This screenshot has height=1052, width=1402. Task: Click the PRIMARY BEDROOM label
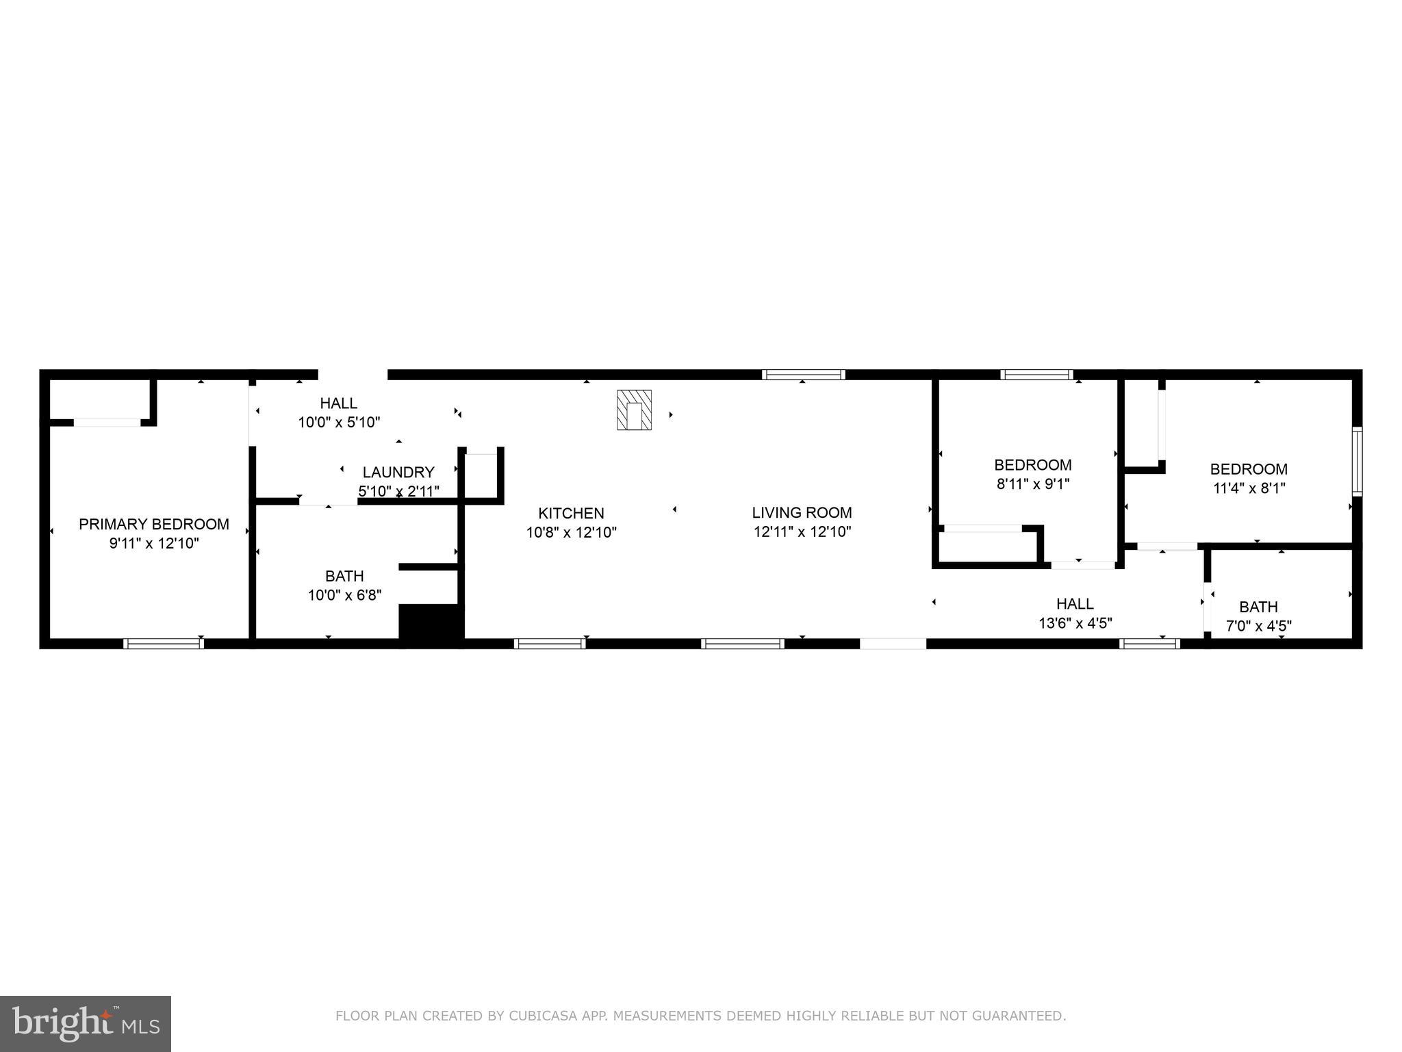click(x=153, y=524)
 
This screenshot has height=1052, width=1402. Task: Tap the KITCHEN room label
click(x=571, y=513)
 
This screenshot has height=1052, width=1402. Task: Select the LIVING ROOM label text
click(x=802, y=512)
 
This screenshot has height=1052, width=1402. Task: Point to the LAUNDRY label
click(x=398, y=472)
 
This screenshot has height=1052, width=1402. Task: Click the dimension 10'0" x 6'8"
click(x=344, y=595)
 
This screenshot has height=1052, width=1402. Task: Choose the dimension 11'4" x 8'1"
click(x=1248, y=488)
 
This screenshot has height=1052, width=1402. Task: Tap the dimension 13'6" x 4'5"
click(x=1075, y=623)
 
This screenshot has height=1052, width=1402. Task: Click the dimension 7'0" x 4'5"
click(x=1258, y=625)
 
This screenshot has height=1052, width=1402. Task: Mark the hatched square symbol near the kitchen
click(x=634, y=410)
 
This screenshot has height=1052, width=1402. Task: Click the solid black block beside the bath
click(x=431, y=623)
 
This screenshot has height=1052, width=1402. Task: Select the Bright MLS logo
click(x=85, y=1023)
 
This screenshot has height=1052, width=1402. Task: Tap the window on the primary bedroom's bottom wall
click(x=163, y=643)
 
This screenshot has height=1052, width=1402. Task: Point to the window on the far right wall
click(x=1357, y=461)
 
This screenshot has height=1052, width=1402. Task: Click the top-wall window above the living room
click(x=803, y=375)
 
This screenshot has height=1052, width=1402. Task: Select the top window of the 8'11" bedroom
click(x=1036, y=375)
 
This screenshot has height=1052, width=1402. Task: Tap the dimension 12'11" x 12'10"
click(x=802, y=531)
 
